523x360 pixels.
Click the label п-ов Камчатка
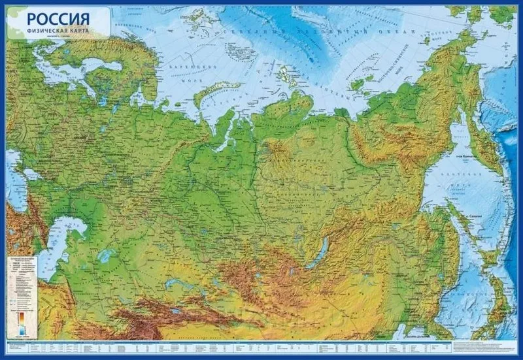click(465, 156)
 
